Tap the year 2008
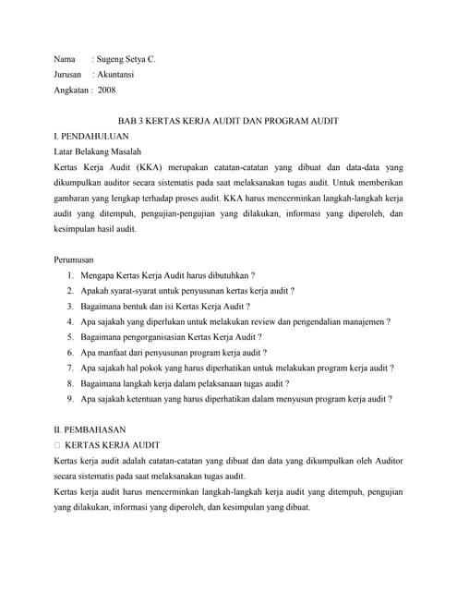pyautogui.click(x=107, y=90)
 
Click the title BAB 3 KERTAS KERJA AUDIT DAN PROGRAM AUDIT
pyautogui.click(x=228, y=122)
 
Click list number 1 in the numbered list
pyautogui.click(x=71, y=276)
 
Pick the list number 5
pyautogui.click(x=71, y=337)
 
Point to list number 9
pyautogui.click(x=71, y=399)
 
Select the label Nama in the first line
pyautogui.click(x=66, y=59)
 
